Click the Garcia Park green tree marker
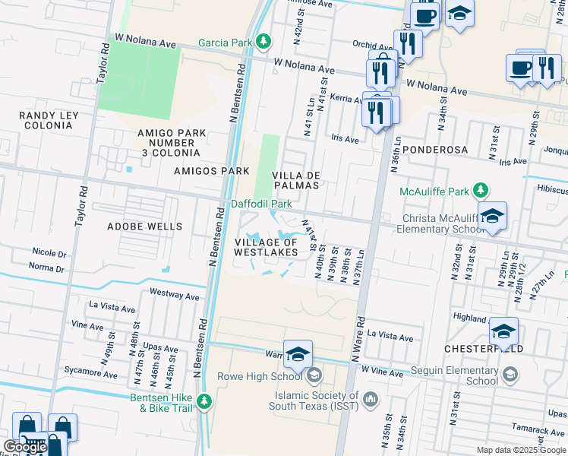(263, 42)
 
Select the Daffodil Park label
(262, 204)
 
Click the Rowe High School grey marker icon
(314, 375)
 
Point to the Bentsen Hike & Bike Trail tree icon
(204, 401)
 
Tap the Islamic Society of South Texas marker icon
(371, 398)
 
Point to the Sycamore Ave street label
(90, 375)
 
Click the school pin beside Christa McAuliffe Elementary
(492, 216)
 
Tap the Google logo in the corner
(25, 447)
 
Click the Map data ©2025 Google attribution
(520, 450)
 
